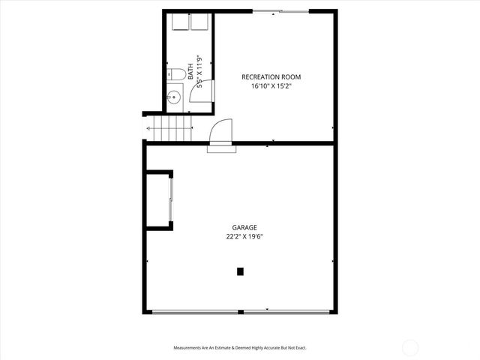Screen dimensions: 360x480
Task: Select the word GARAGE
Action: (244, 227)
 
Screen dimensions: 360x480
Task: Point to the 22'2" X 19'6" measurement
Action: (244, 236)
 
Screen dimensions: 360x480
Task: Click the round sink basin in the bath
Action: (173, 96)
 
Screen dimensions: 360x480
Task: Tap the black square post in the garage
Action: (240, 271)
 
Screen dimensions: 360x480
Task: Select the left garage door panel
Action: (195, 311)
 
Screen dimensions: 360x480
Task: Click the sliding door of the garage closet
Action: (172, 201)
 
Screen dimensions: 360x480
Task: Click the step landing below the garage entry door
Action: (221, 148)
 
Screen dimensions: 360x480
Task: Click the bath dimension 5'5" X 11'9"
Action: (199, 73)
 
